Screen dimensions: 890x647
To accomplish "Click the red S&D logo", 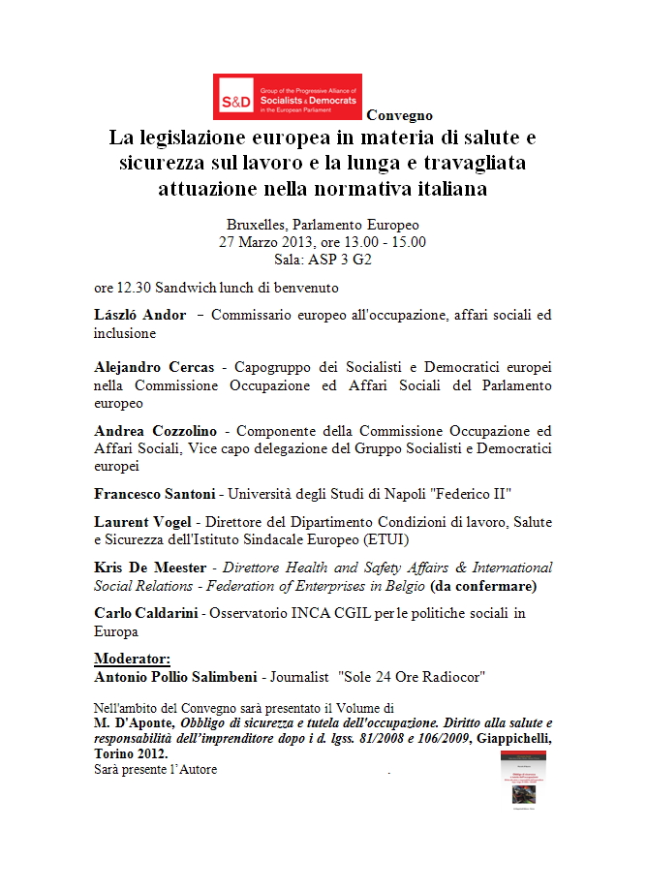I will coord(287,97).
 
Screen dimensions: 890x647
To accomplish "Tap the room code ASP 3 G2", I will coord(341,260).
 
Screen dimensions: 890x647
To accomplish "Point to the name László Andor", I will coord(139,315).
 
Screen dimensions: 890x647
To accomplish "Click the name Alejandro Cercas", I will coord(154,368).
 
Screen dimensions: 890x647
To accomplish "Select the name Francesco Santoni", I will coord(154,493).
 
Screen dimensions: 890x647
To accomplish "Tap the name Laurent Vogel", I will coord(141,522).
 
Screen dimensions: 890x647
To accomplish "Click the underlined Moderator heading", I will coord(132,659).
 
